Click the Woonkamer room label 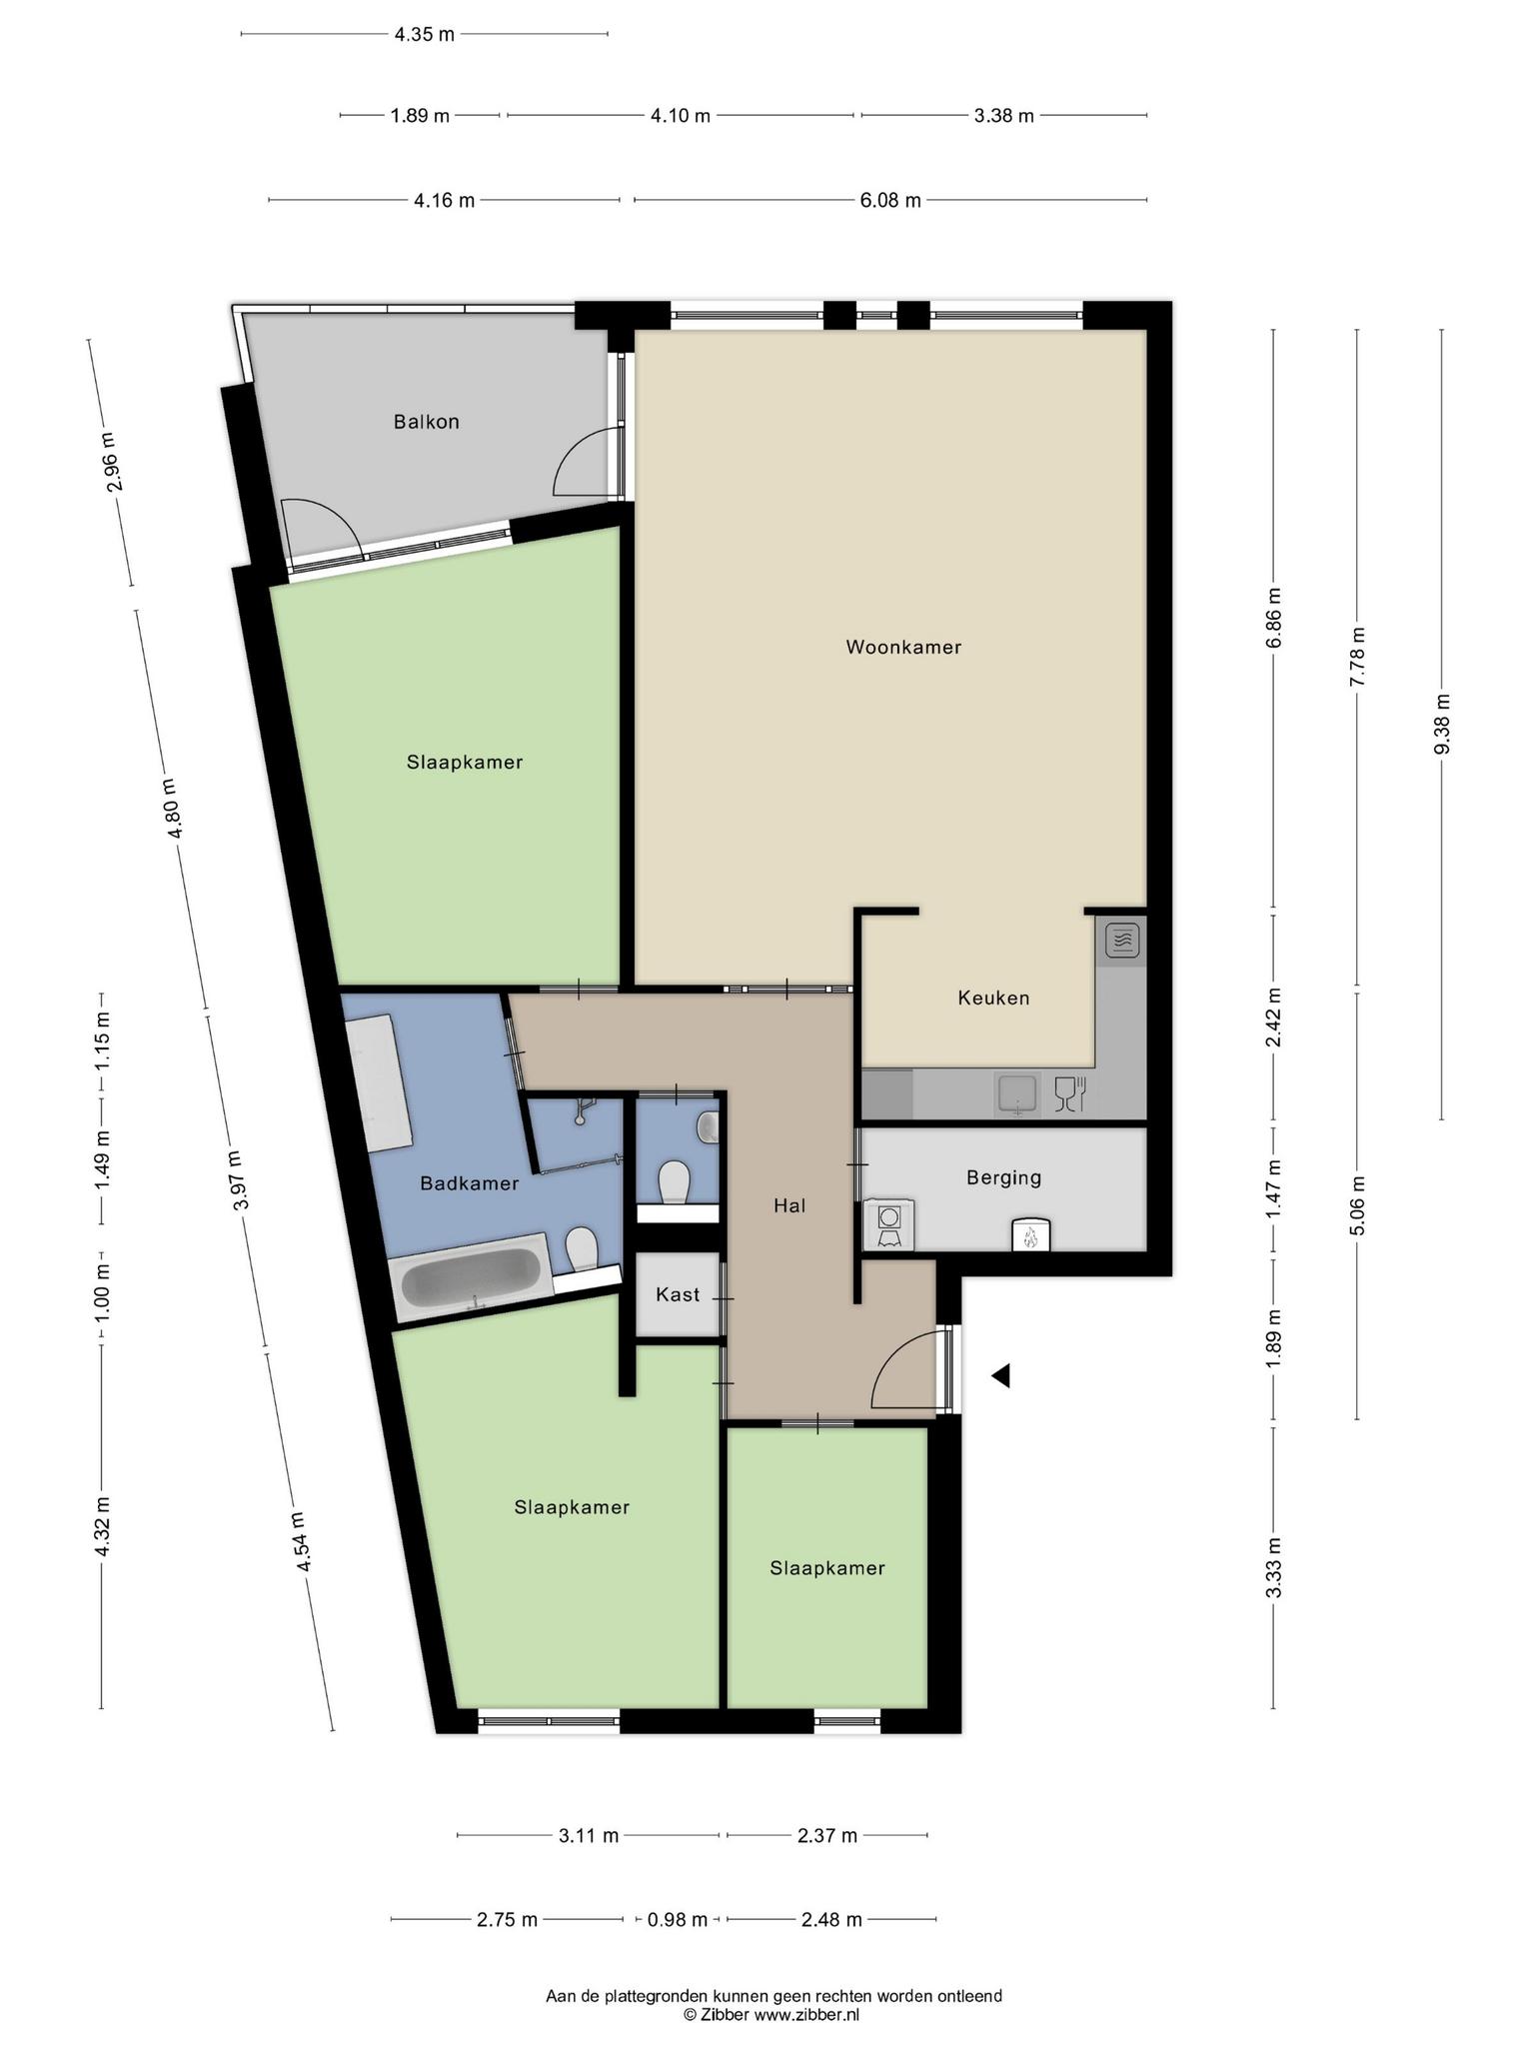click(903, 647)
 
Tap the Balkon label click(427, 422)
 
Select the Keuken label click(993, 998)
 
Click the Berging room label click(1003, 1177)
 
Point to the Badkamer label click(469, 1183)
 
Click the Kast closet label click(678, 1294)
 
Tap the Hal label click(789, 1205)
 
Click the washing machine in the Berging click(888, 1224)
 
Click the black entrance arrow click(1000, 1376)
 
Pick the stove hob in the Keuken click(1122, 941)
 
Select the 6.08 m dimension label click(890, 200)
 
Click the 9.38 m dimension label click(1441, 724)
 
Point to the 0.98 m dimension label click(678, 1919)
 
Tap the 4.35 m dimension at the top click(424, 34)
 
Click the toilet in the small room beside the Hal click(676, 1182)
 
